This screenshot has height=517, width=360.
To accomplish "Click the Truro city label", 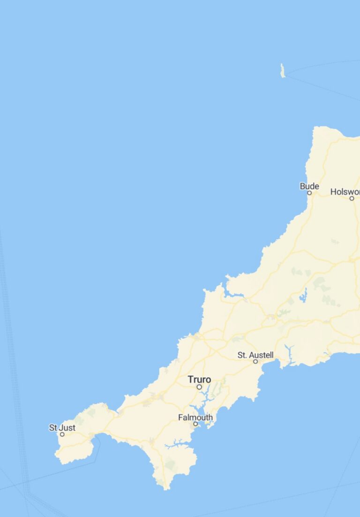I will pyautogui.click(x=199, y=379).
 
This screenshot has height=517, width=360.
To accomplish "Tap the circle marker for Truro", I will pyautogui.click(x=199, y=387).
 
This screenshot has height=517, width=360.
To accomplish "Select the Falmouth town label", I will pyautogui.click(x=195, y=417).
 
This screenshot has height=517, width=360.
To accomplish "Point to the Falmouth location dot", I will pyautogui.click(x=195, y=424).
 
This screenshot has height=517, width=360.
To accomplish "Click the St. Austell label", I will pyautogui.click(x=255, y=355).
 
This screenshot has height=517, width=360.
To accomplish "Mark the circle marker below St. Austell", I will pyautogui.click(x=255, y=362).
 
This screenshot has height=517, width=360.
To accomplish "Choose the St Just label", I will pyautogui.click(x=62, y=427).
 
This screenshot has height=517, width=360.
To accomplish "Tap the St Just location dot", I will pyautogui.click(x=62, y=434).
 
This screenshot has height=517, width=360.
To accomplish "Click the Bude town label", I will pyautogui.click(x=309, y=186).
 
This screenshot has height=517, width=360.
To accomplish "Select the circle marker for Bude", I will pyautogui.click(x=309, y=193).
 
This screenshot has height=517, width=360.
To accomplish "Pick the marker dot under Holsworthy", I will pyautogui.click(x=352, y=198).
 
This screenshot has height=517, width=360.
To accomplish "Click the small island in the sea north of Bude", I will pyautogui.click(x=283, y=71).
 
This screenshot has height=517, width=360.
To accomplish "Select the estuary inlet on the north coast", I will pyautogui.click(x=233, y=294).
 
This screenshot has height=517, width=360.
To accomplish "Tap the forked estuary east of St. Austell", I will pyautogui.click(x=290, y=355).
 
